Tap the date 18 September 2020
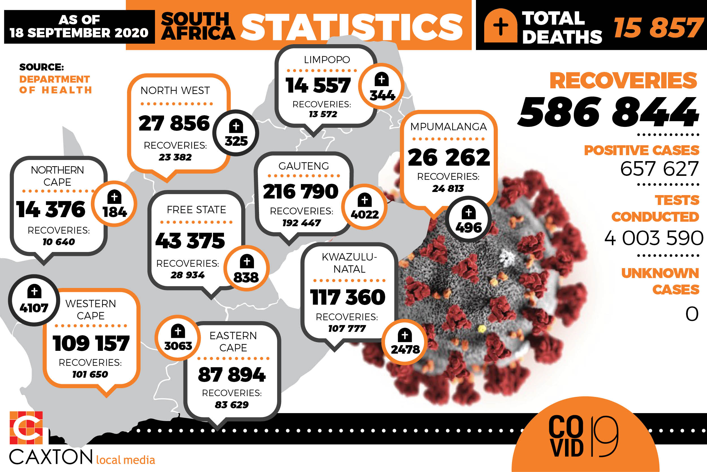coord(79,33)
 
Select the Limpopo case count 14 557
coord(318,85)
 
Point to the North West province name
coord(175,90)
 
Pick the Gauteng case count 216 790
coord(301,191)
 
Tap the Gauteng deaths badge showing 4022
coord(364,207)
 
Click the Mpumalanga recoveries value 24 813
coord(448,189)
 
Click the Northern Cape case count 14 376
coord(51,209)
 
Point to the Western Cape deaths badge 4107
coord(34,300)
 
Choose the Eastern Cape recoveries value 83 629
coord(232,405)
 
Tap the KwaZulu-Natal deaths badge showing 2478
coord(405,342)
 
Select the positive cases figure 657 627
coord(659,168)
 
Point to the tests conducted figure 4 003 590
coord(654,238)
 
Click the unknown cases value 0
coord(692,314)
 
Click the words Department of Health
coord(55,85)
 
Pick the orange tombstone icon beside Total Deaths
coord(501,26)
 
